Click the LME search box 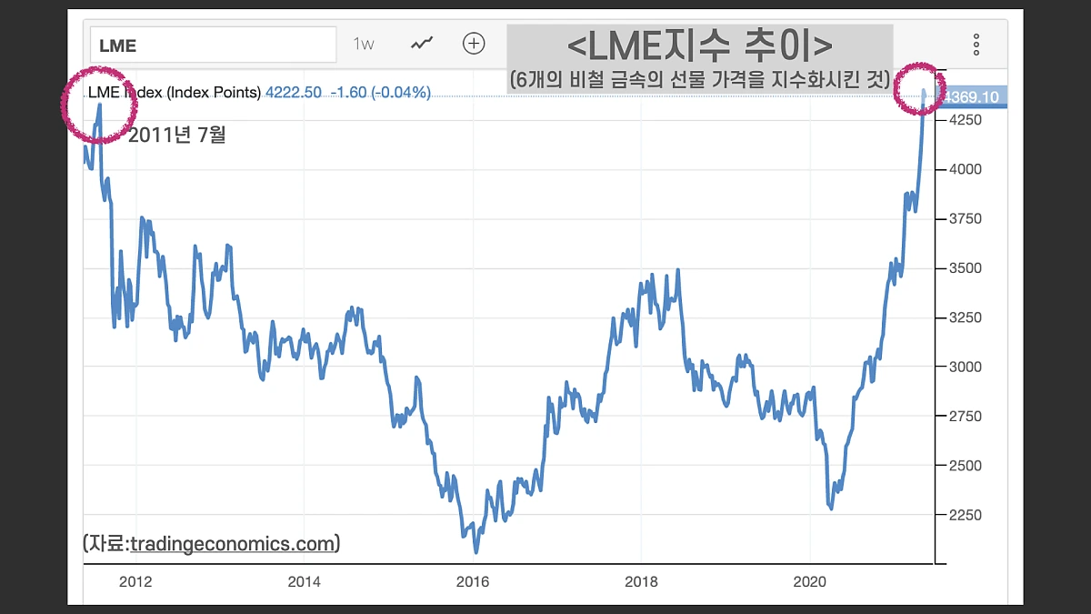[213, 45]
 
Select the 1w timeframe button [364, 44]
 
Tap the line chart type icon [421, 43]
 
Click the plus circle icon [474, 43]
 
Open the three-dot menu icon [976, 44]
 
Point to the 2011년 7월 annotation [176, 136]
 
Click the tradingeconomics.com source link [233, 544]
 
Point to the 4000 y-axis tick [966, 169]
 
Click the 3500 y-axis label [966, 268]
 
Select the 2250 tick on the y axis [966, 515]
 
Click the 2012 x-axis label [135, 582]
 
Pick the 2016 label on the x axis [472, 582]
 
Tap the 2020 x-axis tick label [809, 582]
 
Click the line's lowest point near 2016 [475, 550]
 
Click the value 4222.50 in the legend [293, 93]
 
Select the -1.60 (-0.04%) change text [380, 93]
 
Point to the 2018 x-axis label [641, 582]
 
